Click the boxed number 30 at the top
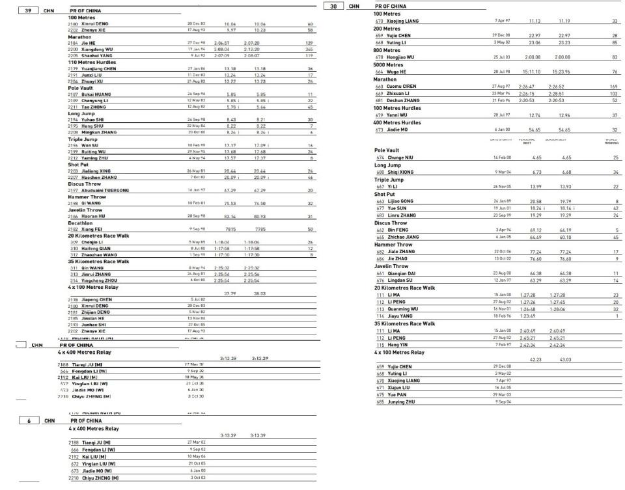333,7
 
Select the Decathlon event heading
81,223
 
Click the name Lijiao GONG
400,202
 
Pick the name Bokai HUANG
97,94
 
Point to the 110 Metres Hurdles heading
92,62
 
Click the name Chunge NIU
400,157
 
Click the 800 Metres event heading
387,50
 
